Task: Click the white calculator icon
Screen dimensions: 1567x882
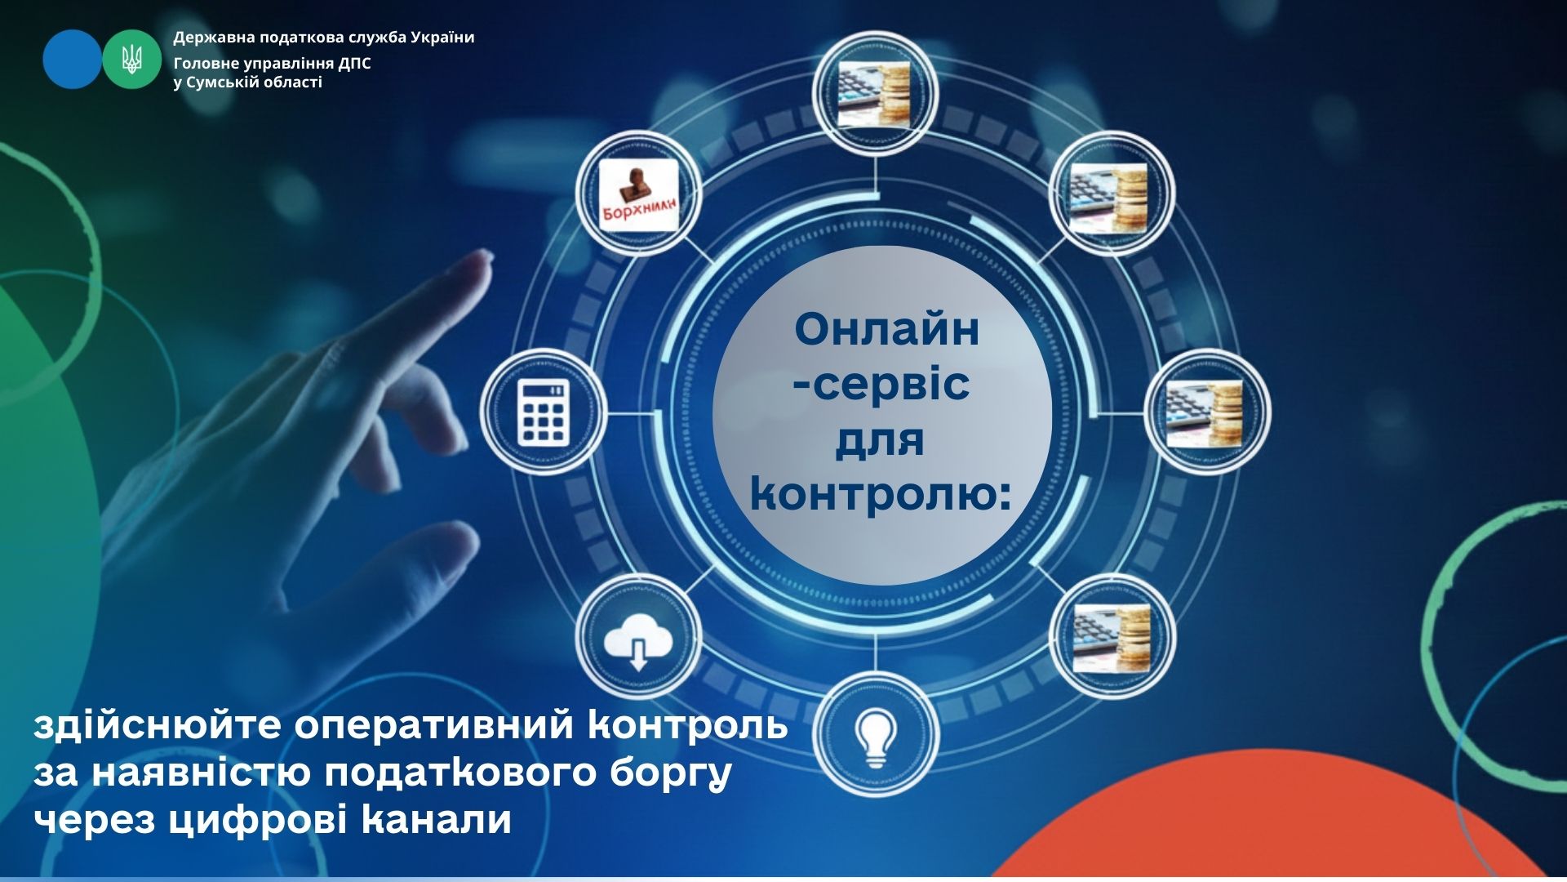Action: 544,411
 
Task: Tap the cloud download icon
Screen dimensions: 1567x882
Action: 638,639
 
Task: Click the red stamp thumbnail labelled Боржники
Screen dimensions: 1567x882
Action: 639,194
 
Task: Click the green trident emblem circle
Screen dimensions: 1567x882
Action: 131,59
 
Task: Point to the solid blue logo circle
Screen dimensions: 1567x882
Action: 73,59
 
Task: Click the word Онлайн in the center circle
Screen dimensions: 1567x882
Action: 886,330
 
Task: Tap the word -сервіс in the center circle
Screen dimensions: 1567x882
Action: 882,384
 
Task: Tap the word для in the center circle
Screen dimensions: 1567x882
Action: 880,441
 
